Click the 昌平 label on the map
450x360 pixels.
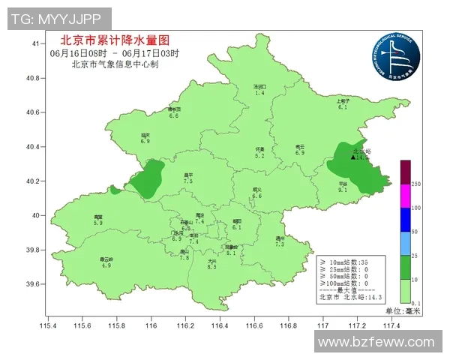(188, 175)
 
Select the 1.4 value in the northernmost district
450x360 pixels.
(259, 92)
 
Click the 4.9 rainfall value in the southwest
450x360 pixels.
(106, 265)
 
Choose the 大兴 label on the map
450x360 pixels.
(211, 260)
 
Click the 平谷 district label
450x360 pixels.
(342, 184)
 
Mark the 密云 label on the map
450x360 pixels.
(300, 146)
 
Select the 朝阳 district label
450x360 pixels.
(237, 220)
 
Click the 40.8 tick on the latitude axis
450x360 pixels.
(34, 79)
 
